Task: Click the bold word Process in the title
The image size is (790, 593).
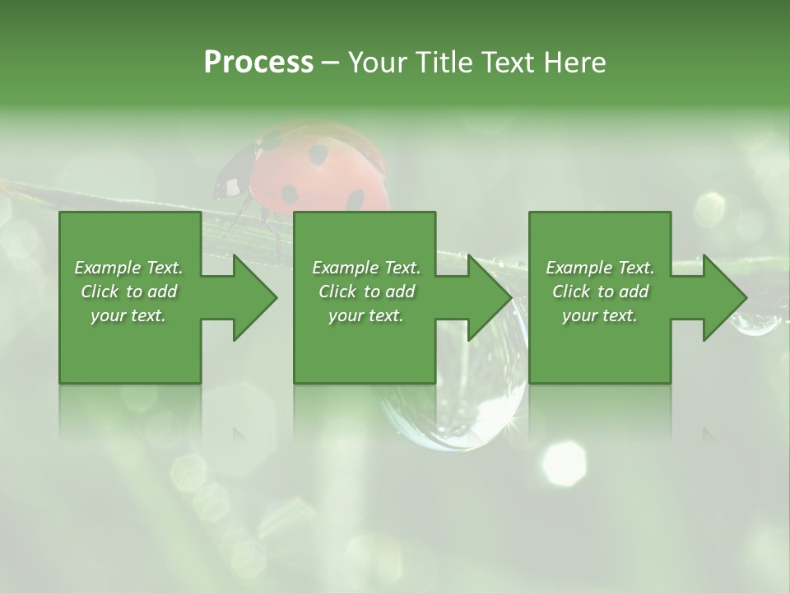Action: pyautogui.click(x=258, y=62)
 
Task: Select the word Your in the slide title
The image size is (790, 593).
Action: pyautogui.click(x=378, y=62)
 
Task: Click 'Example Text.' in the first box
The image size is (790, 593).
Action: pyautogui.click(x=128, y=268)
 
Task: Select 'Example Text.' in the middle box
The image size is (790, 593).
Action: pyautogui.click(x=365, y=268)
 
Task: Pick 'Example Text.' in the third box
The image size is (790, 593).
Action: pyautogui.click(x=600, y=268)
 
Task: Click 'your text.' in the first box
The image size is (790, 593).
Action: pyautogui.click(x=128, y=315)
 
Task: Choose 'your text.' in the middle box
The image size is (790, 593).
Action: pyautogui.click(x=365, y=315)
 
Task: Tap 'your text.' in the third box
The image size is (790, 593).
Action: pyautogui.click(x=600, y=315)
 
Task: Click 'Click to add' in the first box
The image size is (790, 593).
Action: pyautogui.click(x=128, y=292)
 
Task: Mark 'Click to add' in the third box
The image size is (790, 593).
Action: pyautogui.click(x=600, y=292)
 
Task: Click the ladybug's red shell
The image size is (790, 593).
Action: pyautogui.click(x=321, y=169)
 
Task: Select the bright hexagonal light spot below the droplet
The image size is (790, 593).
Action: pyautogui.click(x=565, y=462)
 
